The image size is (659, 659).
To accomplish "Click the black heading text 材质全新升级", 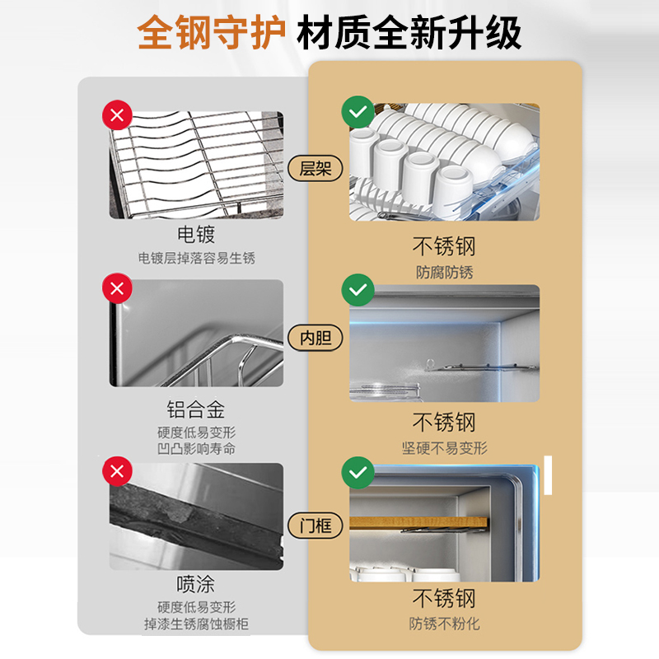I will coord(409,34).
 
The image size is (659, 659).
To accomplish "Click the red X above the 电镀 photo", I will coord(116,115).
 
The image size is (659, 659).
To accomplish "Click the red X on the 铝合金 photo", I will coord(116,289).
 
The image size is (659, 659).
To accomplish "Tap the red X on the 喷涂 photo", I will coord(116,472).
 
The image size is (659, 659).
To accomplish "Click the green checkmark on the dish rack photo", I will coord(357,110).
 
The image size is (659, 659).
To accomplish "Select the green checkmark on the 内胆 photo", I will coord(357,290).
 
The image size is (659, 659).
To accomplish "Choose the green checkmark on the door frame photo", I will coord(357,472).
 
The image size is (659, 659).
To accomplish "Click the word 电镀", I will coord(196,235).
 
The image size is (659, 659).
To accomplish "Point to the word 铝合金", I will coord(196,409).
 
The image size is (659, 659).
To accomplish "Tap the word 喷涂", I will coord(196,584).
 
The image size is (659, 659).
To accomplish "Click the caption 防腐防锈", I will coord(445,272).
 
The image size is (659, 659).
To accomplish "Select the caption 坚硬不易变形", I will coord(445,448).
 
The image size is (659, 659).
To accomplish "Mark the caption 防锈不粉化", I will coord(445,624).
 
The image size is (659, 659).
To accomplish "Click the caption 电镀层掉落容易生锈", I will coord(196,259).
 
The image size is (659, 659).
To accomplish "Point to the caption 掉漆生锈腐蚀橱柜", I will coord(196,624).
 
